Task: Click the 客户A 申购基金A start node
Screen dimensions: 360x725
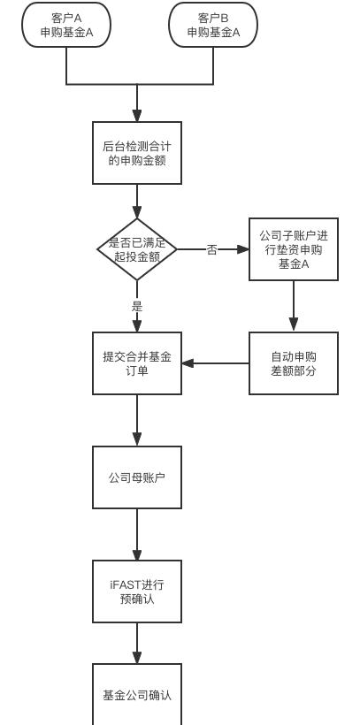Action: pos(66,25)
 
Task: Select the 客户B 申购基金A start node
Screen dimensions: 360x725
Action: pos(213,25)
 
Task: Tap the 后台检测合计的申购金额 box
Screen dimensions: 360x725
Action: pos(137,153)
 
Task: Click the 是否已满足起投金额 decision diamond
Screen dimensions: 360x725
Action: pos(137,249)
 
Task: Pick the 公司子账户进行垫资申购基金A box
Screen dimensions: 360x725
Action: pos(294,249)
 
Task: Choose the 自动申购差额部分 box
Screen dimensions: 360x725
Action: pos(294,363)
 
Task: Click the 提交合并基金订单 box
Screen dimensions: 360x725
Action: pos(137,363)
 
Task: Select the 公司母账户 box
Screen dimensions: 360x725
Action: pos(137,477)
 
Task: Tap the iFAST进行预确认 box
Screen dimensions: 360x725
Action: pos(137,591)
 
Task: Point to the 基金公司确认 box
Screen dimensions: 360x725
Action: pos(137,694)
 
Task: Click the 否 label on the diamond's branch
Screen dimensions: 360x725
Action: pos(211,250)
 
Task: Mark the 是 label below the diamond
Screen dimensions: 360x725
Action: pos(137,307)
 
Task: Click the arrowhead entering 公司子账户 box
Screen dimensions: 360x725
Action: pos(243,249)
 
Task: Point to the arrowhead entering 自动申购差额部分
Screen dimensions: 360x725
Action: pos(294,325)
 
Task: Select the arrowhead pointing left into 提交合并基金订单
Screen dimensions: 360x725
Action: pos(188,363)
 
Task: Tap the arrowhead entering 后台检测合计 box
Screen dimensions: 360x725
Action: pos(137,116)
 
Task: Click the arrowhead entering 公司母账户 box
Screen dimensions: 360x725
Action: pos(137,439)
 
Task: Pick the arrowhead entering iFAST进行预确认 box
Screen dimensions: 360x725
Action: pos(137,554)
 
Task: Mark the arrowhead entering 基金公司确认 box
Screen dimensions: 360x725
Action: pos(137,657)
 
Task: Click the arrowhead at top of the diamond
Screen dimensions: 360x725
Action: pos(137,212)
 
